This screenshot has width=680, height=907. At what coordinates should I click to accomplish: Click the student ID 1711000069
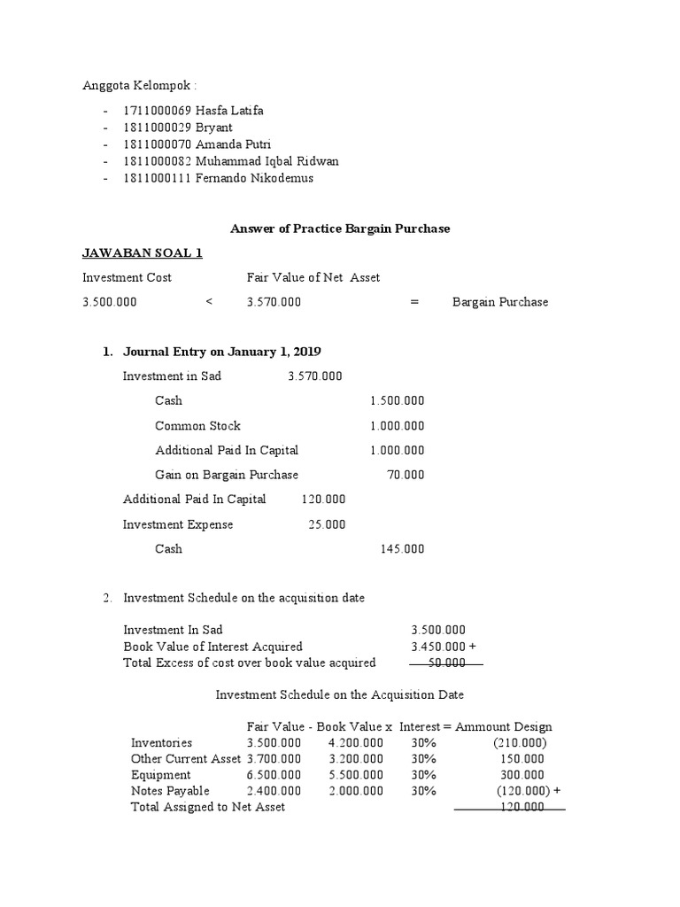[157, 111]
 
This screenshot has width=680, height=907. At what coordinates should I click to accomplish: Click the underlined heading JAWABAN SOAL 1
[143, 253]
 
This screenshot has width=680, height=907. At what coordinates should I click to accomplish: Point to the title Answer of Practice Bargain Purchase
[340, 229]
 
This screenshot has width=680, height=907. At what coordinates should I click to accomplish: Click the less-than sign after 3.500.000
[209, 302]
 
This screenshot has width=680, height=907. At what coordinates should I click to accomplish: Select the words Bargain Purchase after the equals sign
[500, 302]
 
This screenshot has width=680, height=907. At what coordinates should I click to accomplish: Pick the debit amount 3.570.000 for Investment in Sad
[314, 376]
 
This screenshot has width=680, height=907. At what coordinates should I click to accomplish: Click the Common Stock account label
[197, 426]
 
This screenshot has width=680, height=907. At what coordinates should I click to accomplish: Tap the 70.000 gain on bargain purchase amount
[406, 475]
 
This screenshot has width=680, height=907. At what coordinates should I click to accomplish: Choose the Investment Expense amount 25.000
[327, 524]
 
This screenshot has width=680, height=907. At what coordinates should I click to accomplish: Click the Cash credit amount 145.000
[402, 549]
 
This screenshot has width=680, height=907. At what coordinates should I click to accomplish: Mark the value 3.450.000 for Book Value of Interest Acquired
[437, 647]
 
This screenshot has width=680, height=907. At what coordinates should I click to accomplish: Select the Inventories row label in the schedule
[161, 742]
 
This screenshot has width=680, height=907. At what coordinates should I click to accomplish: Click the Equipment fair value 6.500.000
[274, 775]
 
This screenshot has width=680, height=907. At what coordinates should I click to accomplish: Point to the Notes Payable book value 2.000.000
[356, 791]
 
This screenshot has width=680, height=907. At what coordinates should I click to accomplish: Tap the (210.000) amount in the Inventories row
[520, 742]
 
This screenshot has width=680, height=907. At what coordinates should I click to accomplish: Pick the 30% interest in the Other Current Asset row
[423, 759]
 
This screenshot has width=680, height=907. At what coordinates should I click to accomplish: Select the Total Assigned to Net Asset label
[208, 808]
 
